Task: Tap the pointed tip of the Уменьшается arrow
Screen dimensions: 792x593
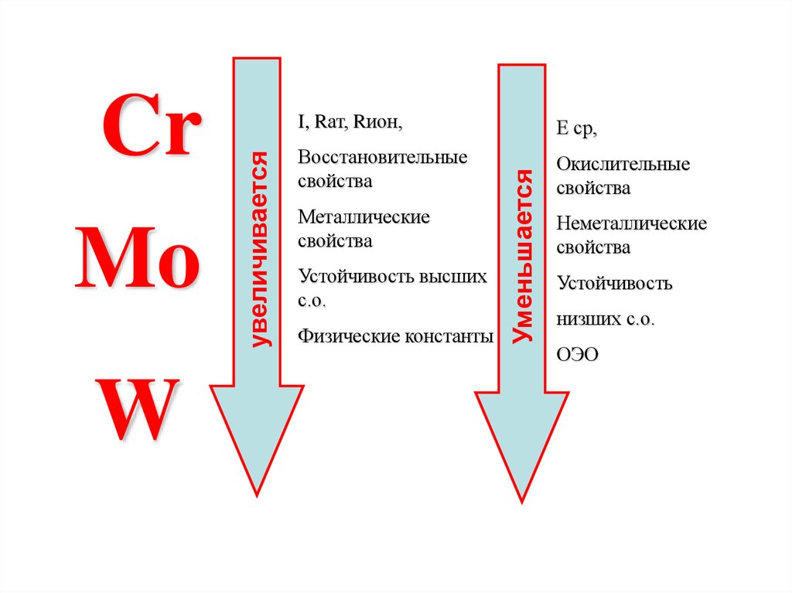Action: (521, 500)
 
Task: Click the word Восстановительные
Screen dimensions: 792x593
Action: (383, 157)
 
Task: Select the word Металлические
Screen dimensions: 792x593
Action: (364, 217)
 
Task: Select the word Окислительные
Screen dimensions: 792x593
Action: (623, 164)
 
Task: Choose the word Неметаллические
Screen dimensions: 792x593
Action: (631, 224)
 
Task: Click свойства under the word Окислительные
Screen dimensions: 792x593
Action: (593, 188)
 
